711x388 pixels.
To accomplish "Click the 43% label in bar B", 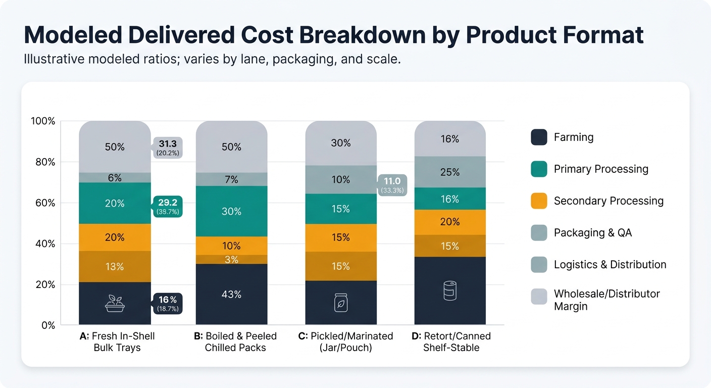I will pos(231,295).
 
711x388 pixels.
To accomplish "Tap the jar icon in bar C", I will pos(341,303).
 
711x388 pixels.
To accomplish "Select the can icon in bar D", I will pos(450,292).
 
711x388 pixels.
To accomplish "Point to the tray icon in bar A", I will pos(115,303).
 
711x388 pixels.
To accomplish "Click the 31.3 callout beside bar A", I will pos(167,147).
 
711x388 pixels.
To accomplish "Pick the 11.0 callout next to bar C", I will pos(392,185).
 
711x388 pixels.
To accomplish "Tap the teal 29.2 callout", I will pos(167,207).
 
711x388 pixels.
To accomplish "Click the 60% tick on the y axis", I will pos(43,203).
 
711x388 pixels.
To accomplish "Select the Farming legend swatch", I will pos(539,137).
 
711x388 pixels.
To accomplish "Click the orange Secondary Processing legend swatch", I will pos(539,201).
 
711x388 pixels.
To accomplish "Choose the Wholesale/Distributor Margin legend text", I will pos(606,300).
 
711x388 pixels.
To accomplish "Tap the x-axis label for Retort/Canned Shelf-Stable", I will pos(451,342).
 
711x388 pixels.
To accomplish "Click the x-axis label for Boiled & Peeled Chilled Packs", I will pos(235,342).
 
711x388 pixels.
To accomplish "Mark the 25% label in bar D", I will pos(450,172).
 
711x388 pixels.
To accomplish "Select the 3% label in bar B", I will pos(231,260).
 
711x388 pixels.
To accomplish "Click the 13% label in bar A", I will pos(115,267).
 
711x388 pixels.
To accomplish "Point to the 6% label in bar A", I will pos(115,178).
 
